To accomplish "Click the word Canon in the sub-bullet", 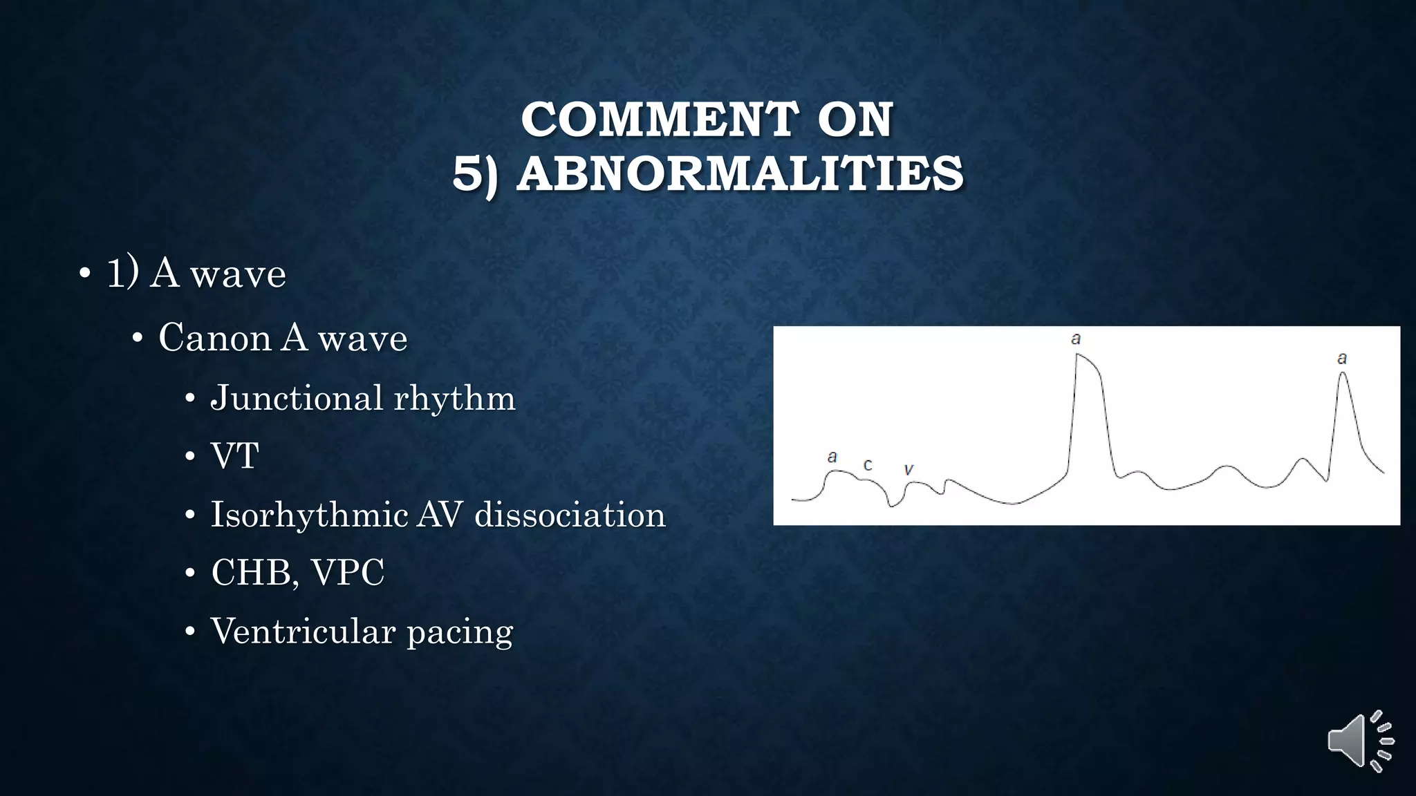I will (214, 338).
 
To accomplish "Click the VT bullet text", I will (235, 456).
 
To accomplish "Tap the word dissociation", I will (570, 515).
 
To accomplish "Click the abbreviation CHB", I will (252, 573).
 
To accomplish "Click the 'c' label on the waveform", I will (868, 465).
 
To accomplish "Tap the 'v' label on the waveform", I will (909, 470).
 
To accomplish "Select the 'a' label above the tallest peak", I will (1076, 339).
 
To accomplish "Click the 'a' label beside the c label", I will (832, 457).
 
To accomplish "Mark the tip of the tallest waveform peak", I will (1077, 354).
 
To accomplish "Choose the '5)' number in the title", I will (475, 174).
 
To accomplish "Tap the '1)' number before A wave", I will (122, 273).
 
